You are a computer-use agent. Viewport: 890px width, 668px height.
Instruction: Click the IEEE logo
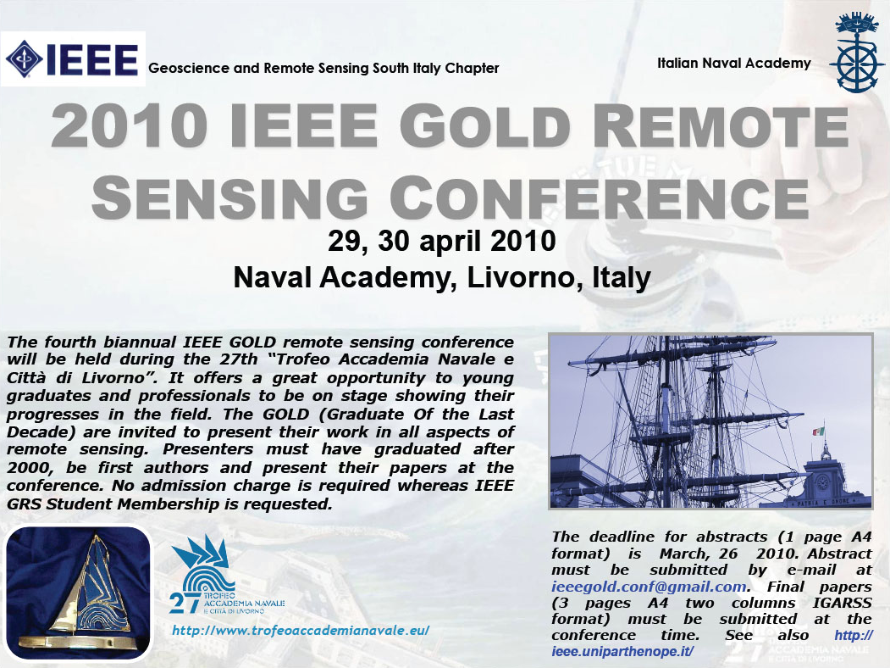[73, 59]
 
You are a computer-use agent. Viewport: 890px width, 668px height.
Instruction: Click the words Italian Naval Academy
[734, 63]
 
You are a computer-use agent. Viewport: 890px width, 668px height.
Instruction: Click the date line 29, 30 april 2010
[441, 240]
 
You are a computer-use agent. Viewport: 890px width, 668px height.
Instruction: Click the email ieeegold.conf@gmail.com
[648, 587]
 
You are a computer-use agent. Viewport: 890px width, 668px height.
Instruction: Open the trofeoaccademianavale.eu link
[301, 631]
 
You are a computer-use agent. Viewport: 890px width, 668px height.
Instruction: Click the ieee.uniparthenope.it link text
[622, 651]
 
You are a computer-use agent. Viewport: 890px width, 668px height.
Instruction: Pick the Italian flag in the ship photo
[818, 431]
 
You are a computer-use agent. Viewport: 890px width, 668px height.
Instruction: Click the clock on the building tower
[821, 483]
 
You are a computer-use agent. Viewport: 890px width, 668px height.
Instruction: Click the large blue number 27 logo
[185, 602]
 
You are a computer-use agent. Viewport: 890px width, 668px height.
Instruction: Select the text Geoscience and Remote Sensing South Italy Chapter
[323, 68]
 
